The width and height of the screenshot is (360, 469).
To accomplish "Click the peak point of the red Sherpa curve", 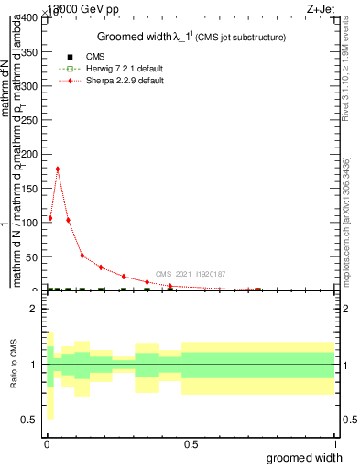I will (58, 169).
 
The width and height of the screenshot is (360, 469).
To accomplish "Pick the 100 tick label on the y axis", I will (29, 223).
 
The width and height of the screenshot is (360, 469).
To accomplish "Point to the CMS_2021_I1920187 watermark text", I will (190, 274).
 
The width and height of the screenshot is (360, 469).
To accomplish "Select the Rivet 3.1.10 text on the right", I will (346, 73).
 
